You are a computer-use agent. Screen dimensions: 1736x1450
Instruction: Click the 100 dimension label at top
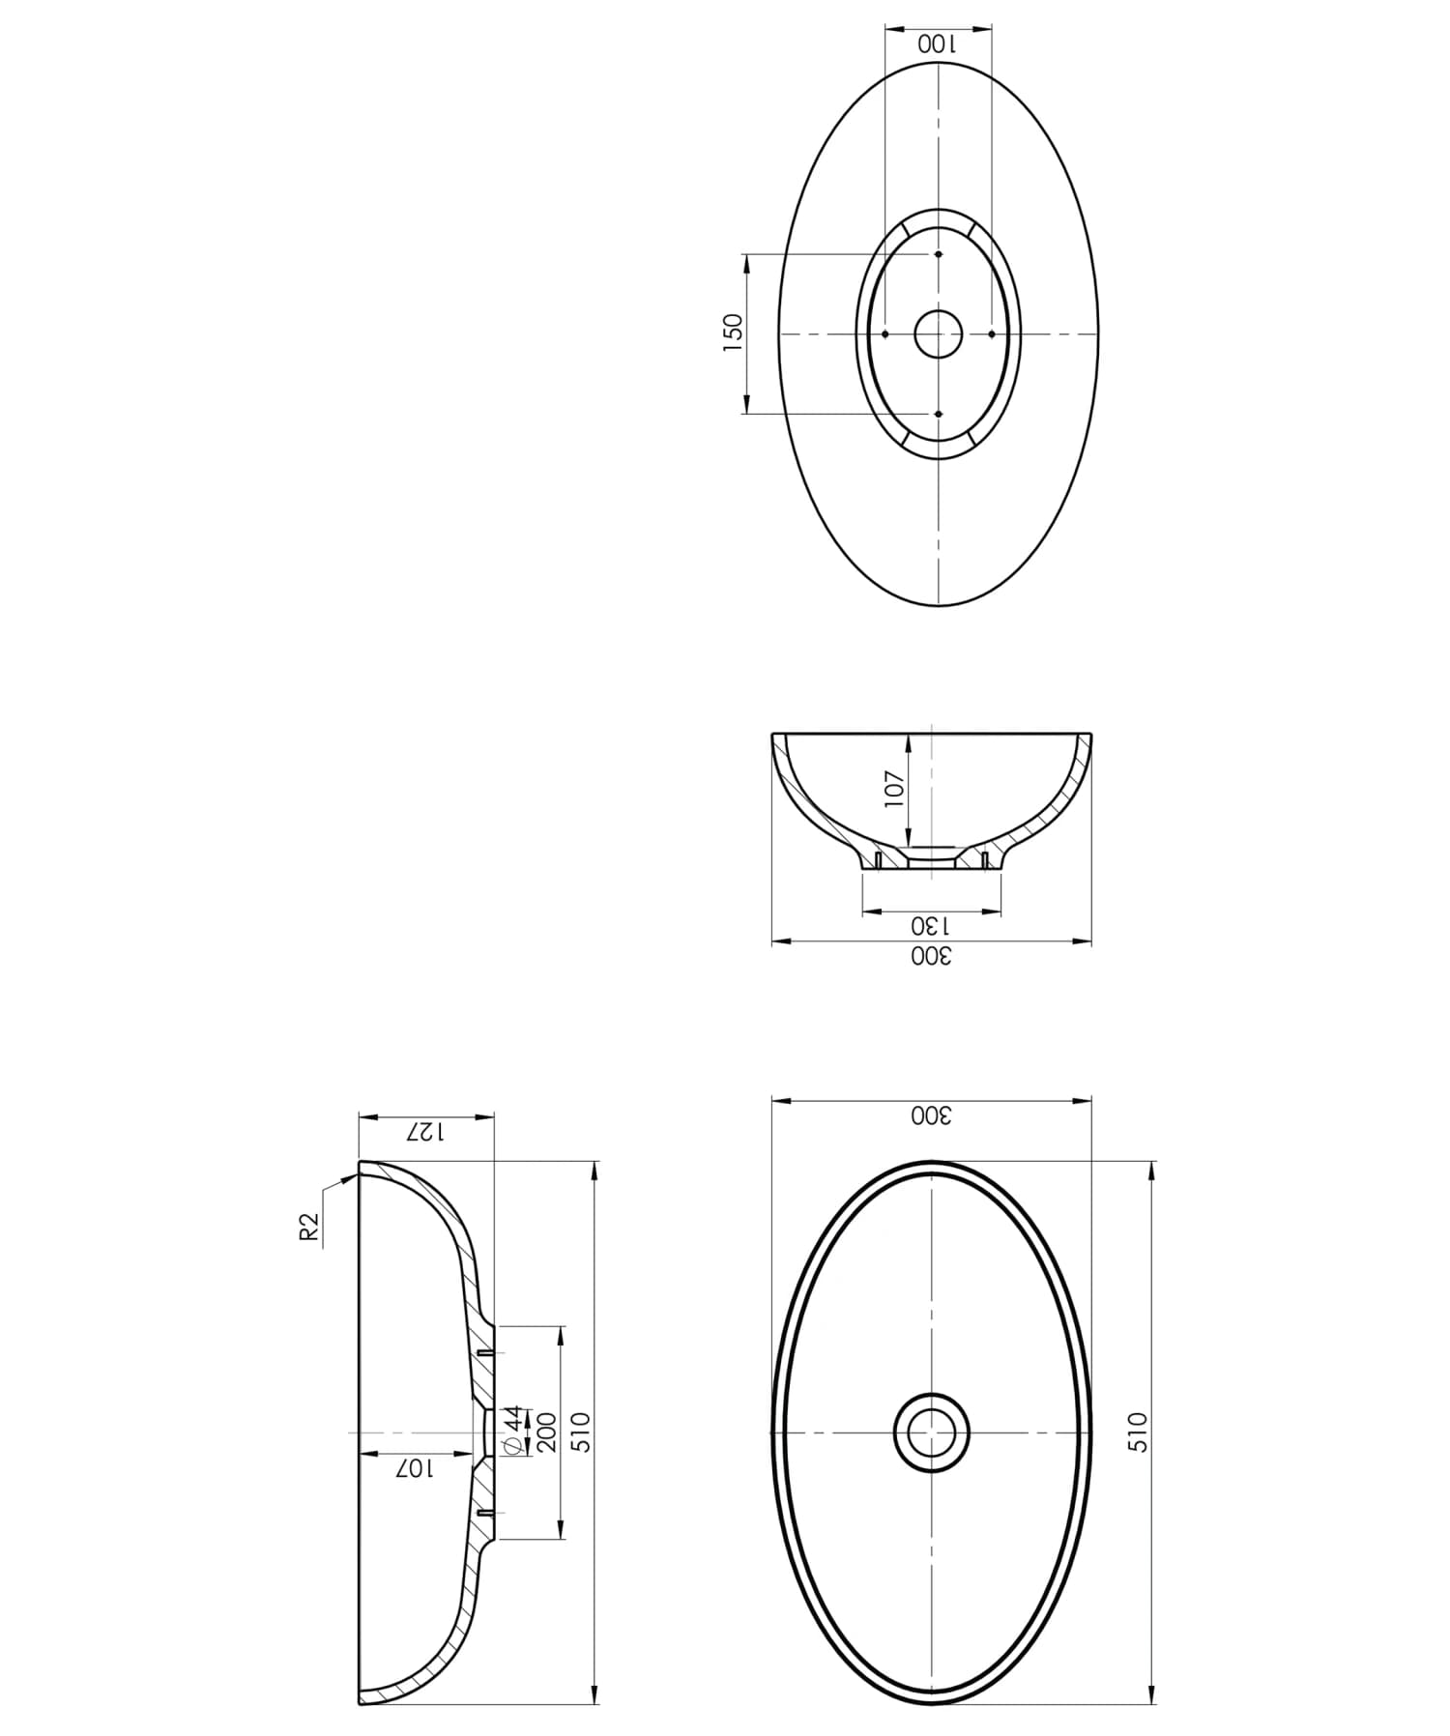point(937,44)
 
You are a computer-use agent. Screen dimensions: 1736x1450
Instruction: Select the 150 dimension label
point(734,333)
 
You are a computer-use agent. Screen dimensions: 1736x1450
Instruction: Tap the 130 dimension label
point(931,926)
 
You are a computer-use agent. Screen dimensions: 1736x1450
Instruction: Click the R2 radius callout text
point(309,1228)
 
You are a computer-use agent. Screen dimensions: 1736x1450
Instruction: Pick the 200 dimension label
point(546,1432)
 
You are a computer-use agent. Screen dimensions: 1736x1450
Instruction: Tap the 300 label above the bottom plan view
point(931,1115)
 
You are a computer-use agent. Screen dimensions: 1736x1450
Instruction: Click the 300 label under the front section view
point(931,957)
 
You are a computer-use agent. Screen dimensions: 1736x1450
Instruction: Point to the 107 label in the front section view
point(894,790)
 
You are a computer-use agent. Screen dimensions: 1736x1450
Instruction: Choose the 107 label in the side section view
point(415,1468)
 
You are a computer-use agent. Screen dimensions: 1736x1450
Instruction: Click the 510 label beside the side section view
point(580,1432)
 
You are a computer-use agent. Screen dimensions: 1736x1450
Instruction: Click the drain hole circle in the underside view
point(938,334)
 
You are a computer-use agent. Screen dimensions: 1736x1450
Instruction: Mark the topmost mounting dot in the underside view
point(938,255)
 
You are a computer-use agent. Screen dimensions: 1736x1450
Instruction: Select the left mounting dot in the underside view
point(884,334)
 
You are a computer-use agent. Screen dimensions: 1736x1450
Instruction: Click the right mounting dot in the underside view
point(992,334)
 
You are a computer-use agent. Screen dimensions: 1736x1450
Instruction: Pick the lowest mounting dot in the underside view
point(938,414)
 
